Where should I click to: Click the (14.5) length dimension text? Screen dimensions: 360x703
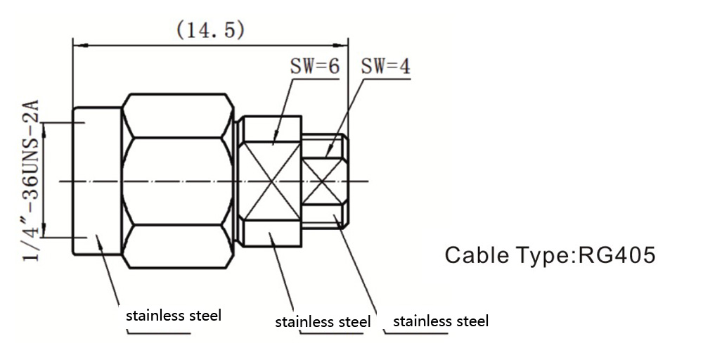coord(210,30)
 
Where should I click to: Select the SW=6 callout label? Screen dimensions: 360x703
coord(314,67)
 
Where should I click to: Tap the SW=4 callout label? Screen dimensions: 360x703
coord(385,67)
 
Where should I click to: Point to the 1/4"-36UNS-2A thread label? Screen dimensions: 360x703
coord(30,181)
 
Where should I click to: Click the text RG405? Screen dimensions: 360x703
coord(616,255)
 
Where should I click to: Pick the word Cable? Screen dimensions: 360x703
coord(475,255)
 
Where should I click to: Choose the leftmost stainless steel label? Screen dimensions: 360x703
coord(174,315)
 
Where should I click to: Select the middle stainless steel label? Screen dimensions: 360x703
coord(323,322)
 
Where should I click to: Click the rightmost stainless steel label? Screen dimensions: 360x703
coord(441,321)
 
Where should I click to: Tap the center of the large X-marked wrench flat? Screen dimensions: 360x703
coord(271,181)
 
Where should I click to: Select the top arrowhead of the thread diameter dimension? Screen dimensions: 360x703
coord(44,127)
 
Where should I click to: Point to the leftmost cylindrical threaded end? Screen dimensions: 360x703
coord(97,181)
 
